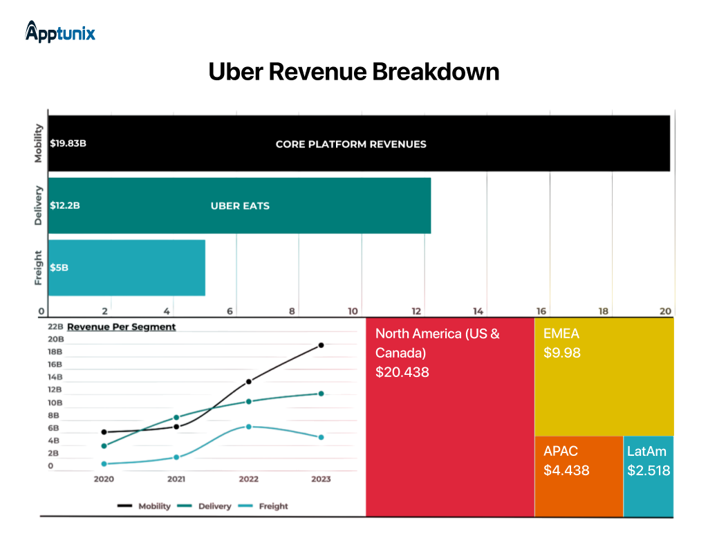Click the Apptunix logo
(60, 32)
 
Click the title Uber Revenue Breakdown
(353, 71)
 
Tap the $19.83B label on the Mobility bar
(68, 144)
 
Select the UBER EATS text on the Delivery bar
(239, 205)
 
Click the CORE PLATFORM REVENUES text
(351, 144)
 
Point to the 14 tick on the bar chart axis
(478, 311)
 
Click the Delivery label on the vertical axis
(39, 205)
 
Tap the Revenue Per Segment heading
(121, 326)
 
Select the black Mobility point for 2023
(321, 344)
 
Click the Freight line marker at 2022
(249, 427)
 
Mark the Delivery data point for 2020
(104, 445)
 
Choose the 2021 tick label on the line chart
(176, 479)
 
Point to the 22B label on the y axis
(55, 326)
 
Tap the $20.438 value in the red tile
(402, 372)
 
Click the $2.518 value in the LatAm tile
(649, 470)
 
